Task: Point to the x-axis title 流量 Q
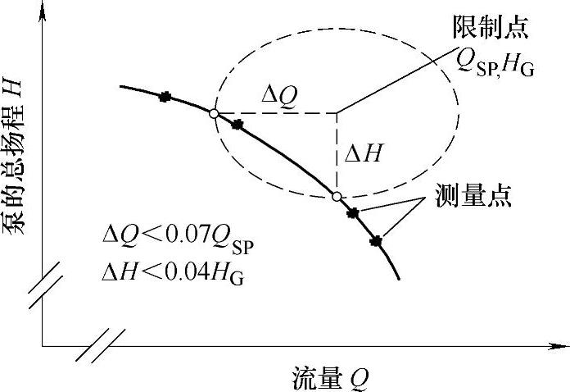pos(331,378)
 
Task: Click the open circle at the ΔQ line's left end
pos(213,114)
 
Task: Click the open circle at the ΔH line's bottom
pos(337,196)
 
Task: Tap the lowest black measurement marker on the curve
pos(377,240)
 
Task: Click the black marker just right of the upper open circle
pos(237,125)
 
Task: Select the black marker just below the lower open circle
pos(353,213)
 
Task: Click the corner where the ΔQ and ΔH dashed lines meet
pos(337,113)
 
